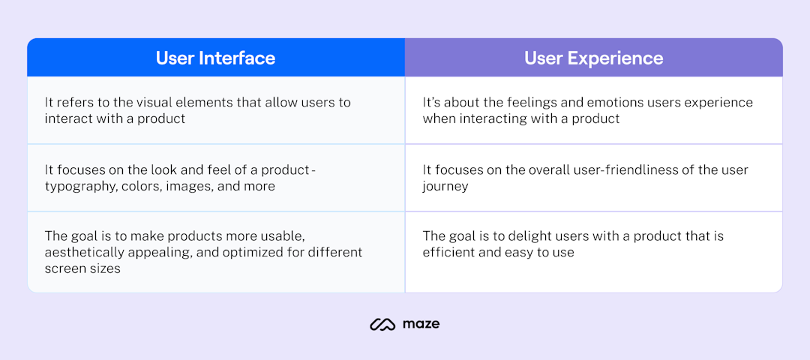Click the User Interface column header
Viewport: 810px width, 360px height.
pos(215,58)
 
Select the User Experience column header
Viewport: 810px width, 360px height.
pos(593,58)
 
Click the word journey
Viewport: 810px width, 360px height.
pos(445,186)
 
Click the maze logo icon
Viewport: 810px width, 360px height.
pos(382,324)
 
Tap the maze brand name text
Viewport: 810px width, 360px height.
pos(421,324)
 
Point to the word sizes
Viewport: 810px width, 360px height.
pos(102,268)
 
